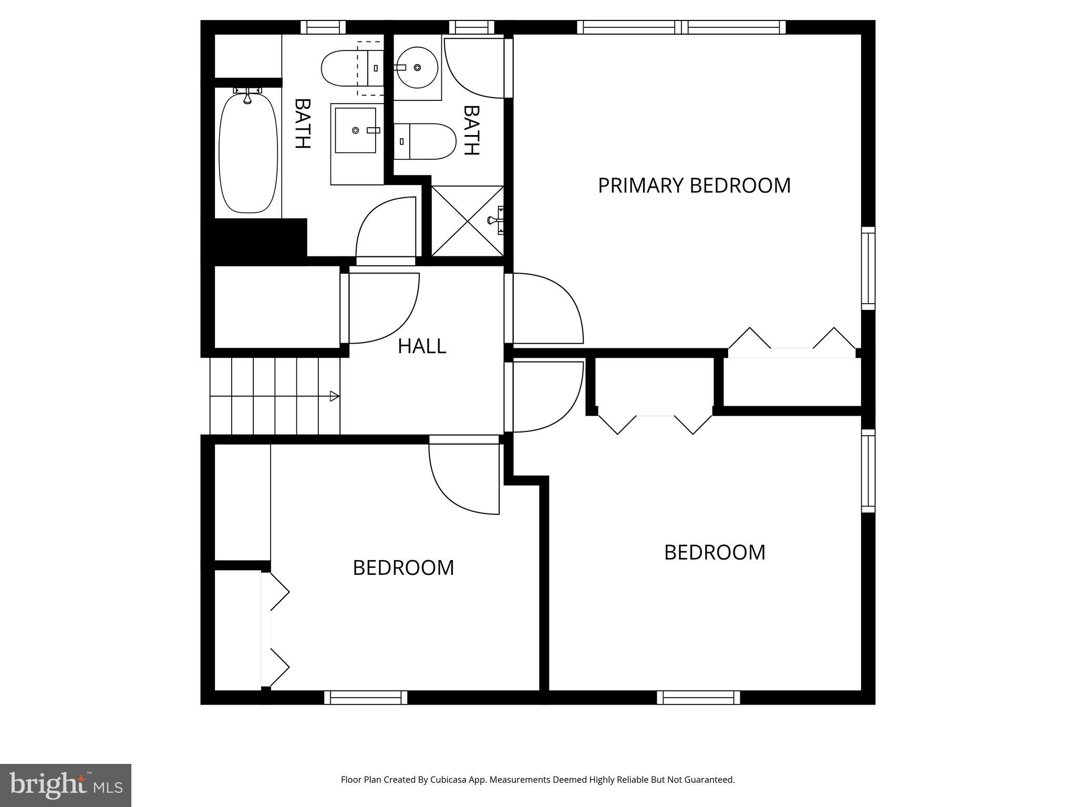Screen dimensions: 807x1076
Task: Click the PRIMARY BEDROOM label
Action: [x=694, y=185]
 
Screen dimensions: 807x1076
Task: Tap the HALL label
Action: [x=422, y=346]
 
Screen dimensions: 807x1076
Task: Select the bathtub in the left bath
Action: [x=248, y=152]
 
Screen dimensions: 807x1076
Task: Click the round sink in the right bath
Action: [x=417, y=68]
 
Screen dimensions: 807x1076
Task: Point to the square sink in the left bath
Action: [x=356, y=130]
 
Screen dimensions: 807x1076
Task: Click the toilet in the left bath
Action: [x=349, y=68]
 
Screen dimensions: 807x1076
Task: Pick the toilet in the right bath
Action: [x=425, y=141]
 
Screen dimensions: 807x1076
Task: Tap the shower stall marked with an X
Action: [x=467, y=221]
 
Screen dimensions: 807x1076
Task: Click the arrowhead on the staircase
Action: [x=334, y=396]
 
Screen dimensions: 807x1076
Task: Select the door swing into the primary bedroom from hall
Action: [x=549, y=307]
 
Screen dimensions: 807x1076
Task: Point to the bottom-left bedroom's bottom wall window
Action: [x=366, y=697]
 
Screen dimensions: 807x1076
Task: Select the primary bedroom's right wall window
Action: [x=868, y=268]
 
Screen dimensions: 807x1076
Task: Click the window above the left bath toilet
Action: [x=323, y=27]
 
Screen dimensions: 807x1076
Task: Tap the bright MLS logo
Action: [x=66, y=785]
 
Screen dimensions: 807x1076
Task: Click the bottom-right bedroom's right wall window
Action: [x=868, y=470]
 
